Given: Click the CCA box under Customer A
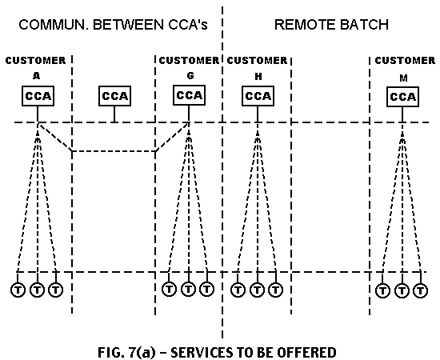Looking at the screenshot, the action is tap(38, 96).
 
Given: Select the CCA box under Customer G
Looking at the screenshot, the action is tap(189, 95).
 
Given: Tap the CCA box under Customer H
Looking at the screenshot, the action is tap(258, 96).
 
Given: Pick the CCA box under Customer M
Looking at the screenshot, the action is tap(402, 97).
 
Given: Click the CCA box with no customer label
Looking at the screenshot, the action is tap(114, 96).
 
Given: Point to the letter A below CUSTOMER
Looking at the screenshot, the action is tap(37, 76).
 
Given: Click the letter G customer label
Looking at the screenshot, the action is tap(190, 76).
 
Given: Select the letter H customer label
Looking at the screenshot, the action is tap(258, 77).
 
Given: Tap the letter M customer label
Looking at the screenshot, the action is tap(403, 78).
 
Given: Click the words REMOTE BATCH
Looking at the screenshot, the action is tap(331, 25).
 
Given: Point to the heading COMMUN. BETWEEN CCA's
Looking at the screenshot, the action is tap(113, 25).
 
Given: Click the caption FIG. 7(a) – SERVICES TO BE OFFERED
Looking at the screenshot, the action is tap(217, 353).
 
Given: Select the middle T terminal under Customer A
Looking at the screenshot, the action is tap(37, 290).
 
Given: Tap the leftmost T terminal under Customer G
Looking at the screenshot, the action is tap(170, 289).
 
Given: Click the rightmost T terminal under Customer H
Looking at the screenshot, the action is tap(275, 290).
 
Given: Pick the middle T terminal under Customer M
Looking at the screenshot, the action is tap(402, 290).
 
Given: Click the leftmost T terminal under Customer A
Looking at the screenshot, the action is tap(18, 290).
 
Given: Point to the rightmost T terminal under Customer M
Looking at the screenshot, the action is tap(420, 290).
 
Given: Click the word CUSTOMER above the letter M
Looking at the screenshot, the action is tap(405, 60).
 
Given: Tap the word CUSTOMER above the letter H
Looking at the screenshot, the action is tap(257, 60).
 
